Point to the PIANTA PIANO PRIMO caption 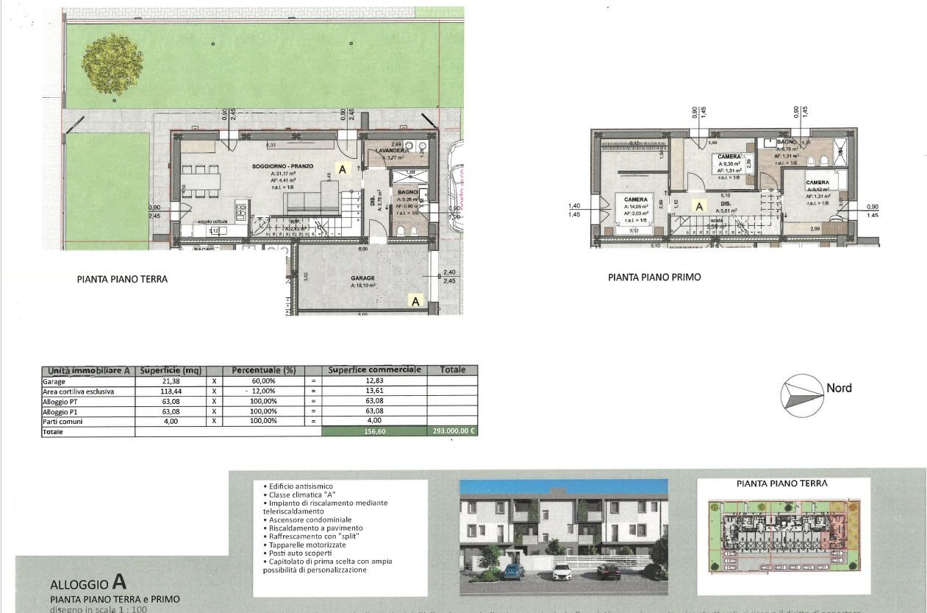click(x=654, y=277)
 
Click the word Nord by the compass click(x=839, y=388)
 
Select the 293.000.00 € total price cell click(x=453, y=432)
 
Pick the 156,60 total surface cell click(x=374, y=432)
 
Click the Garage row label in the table click(x=54, y=382)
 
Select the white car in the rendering click(x=562, y=572)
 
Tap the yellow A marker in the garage click(x=415, y=300)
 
